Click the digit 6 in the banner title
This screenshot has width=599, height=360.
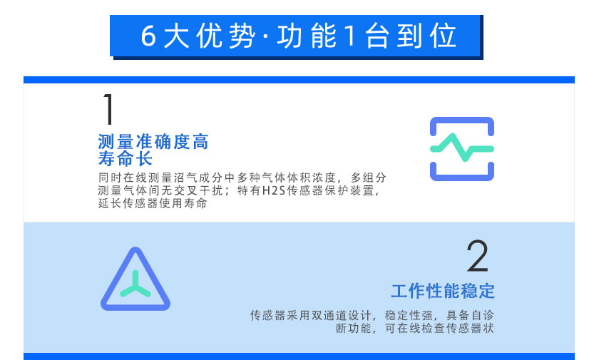(148, 36)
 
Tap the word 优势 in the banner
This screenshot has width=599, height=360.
(226, 36)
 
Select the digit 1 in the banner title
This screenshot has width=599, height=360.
(350, 36)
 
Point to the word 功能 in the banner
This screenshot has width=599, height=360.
(307, 36)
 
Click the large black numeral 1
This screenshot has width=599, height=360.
(109, 109)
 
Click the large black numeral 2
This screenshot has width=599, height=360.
(478, 255)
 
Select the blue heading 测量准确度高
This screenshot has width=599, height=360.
(153, 142)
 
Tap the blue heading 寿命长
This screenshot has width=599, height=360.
(126, 158)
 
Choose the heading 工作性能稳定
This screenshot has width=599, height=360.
(443, 291)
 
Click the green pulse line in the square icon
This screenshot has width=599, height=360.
(462, 148)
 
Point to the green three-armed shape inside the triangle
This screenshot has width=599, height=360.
(135, 284)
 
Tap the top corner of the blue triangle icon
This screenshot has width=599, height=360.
(135, 248)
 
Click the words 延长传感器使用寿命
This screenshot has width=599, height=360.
(153, 203)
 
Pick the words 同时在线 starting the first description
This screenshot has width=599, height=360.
(122, 178)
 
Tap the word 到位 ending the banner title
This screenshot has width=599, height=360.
(426, 36)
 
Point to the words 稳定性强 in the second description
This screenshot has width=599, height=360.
(409, 315)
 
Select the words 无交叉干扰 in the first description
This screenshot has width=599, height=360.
(196, 190)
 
